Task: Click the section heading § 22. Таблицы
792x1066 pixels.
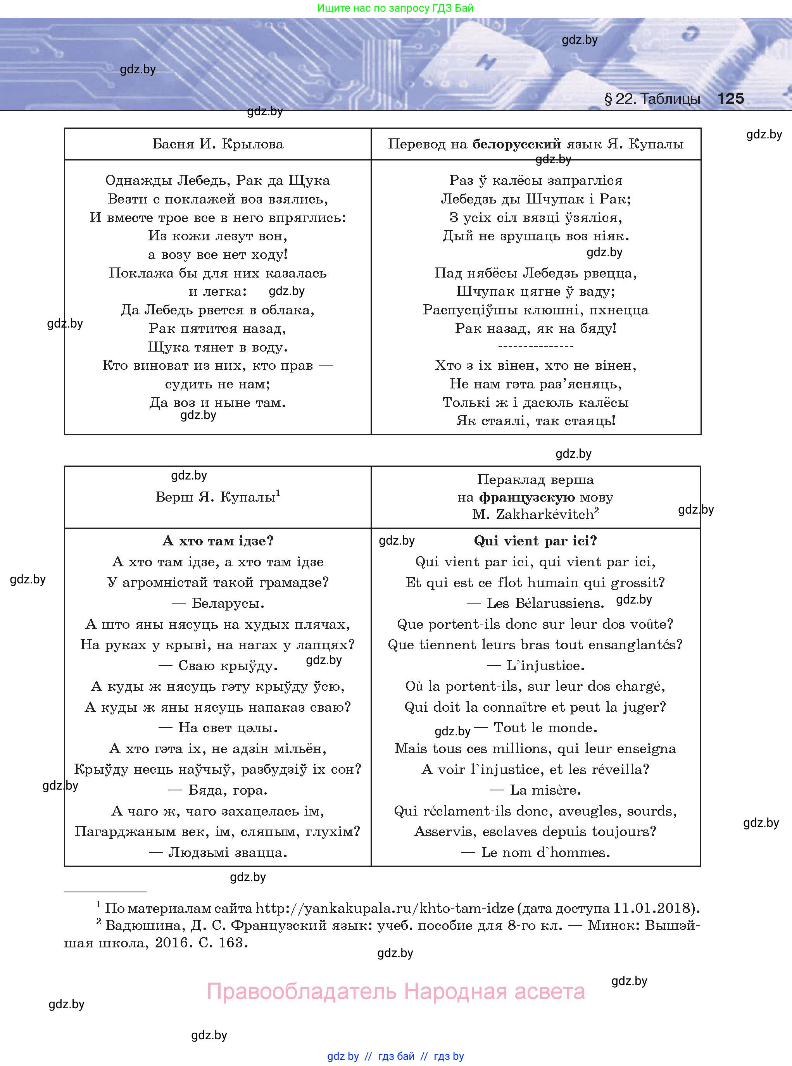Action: (652, 99)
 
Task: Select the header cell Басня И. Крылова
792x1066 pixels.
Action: (217, 144)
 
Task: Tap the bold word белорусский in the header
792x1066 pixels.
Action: (516, 144)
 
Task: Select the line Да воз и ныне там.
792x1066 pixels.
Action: (217, 403)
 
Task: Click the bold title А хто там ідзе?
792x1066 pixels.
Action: (217, 541)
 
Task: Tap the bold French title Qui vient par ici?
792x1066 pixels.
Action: (535, 541)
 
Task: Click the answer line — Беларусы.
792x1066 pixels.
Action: (217, 603)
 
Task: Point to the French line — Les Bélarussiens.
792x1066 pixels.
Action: (535, 603)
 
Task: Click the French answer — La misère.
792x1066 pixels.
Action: (535, 790)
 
